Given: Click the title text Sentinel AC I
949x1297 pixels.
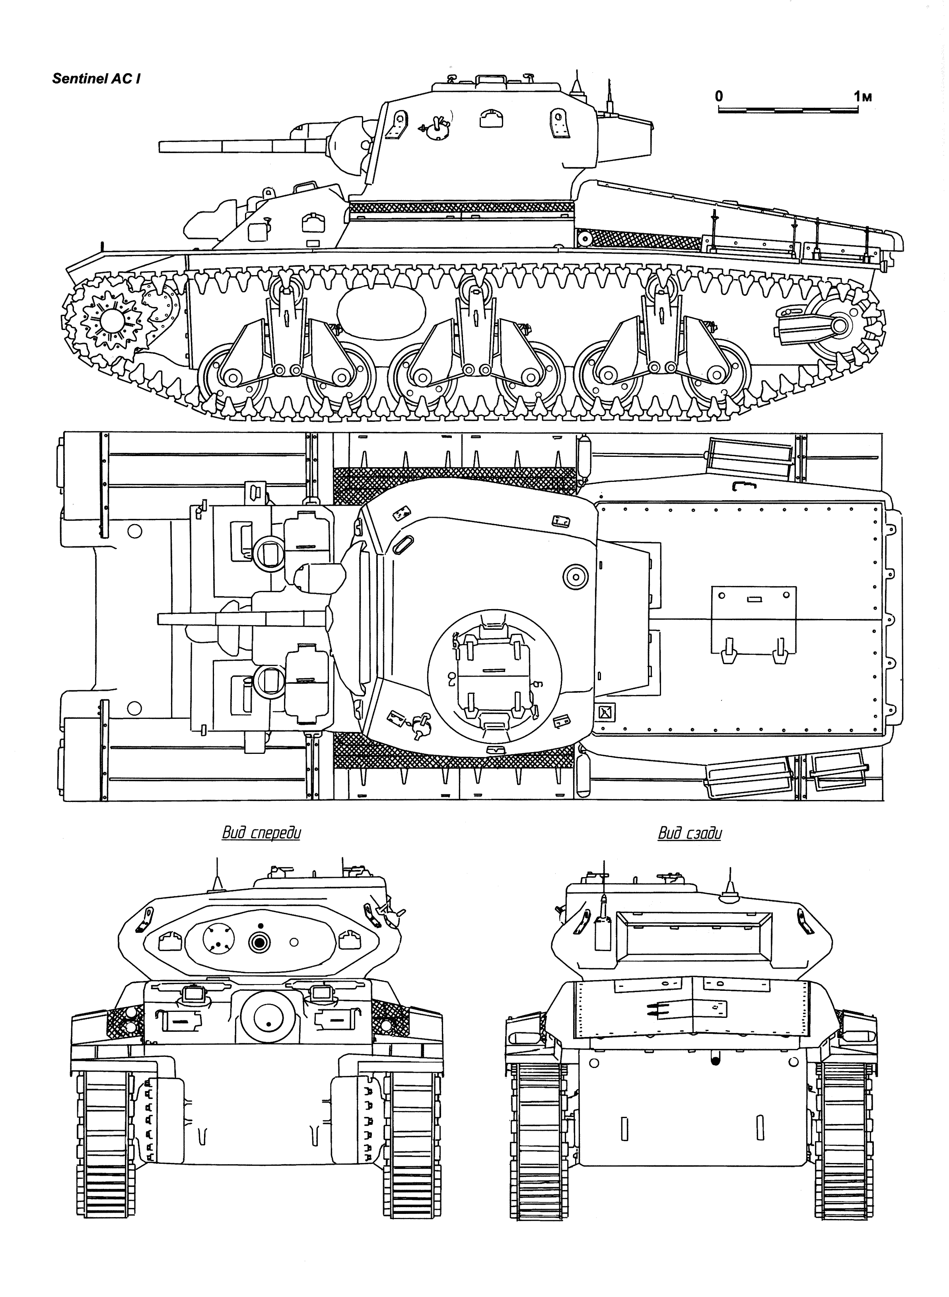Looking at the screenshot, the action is click(97, 79).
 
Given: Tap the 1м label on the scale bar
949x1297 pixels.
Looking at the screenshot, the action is click(862, 97).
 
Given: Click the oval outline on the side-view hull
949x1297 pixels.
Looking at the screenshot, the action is click(381, 312).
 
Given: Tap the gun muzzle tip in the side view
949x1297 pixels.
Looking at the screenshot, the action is click(160, 146).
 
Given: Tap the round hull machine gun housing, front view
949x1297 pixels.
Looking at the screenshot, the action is click(269, 1017).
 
